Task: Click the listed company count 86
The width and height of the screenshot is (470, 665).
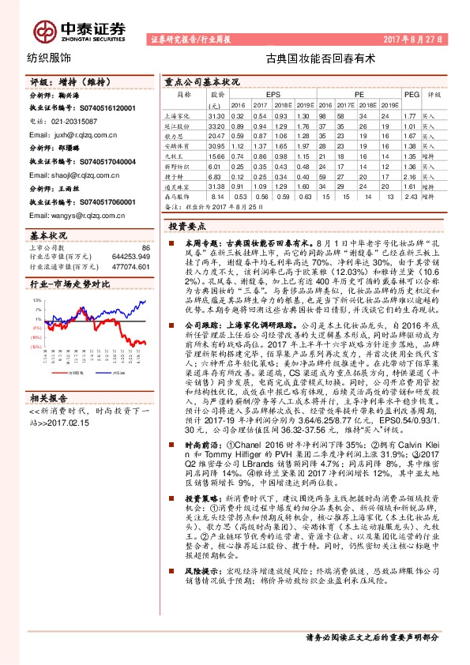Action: tap(145, 248)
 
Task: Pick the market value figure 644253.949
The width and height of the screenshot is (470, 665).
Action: tap(128, 257)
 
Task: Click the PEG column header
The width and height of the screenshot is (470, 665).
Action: tap(410, 94)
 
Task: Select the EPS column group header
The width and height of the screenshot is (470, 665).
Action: tap(273, 94)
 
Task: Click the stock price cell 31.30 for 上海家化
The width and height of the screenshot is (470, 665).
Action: tap(218, 115)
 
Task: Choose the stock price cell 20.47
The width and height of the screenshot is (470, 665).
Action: tap(218, 136)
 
